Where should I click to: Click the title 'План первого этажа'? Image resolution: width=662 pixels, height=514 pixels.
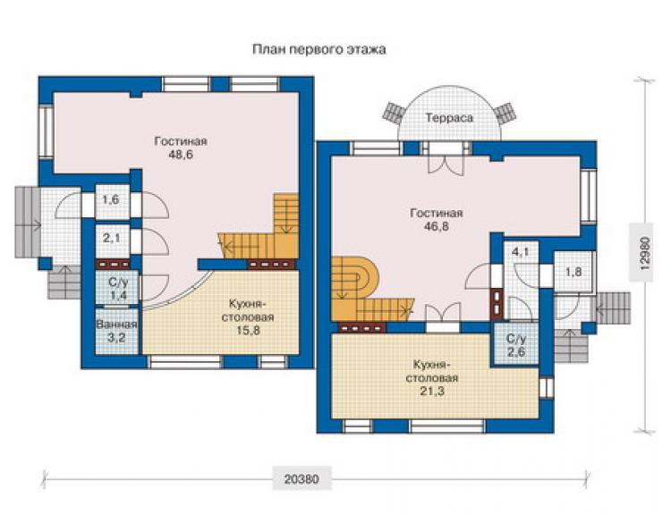point(319,50)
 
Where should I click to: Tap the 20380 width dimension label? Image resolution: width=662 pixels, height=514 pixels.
point(301,479)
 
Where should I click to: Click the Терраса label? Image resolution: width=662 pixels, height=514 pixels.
point(449,118)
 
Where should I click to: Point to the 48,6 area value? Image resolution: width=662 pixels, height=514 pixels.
point(181,155)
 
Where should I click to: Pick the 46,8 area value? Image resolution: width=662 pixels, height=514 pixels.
point(437,226)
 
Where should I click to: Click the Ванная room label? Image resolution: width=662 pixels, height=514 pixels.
point(116,324)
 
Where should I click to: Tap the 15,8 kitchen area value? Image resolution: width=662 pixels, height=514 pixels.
point(248,331)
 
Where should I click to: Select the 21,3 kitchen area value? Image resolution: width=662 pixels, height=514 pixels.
point(432,392)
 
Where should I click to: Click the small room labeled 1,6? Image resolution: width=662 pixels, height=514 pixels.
point(112,202)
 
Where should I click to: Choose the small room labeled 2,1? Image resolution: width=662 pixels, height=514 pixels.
point(112,240)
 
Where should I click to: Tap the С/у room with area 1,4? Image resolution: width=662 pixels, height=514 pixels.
point(116,287)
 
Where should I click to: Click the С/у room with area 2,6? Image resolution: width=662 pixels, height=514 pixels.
point(516,345)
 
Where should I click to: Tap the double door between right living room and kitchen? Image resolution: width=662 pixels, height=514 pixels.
point(442,316)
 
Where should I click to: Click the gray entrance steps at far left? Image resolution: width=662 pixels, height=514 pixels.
point(28,223)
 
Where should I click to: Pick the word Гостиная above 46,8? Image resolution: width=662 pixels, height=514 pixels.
point(437,213)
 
